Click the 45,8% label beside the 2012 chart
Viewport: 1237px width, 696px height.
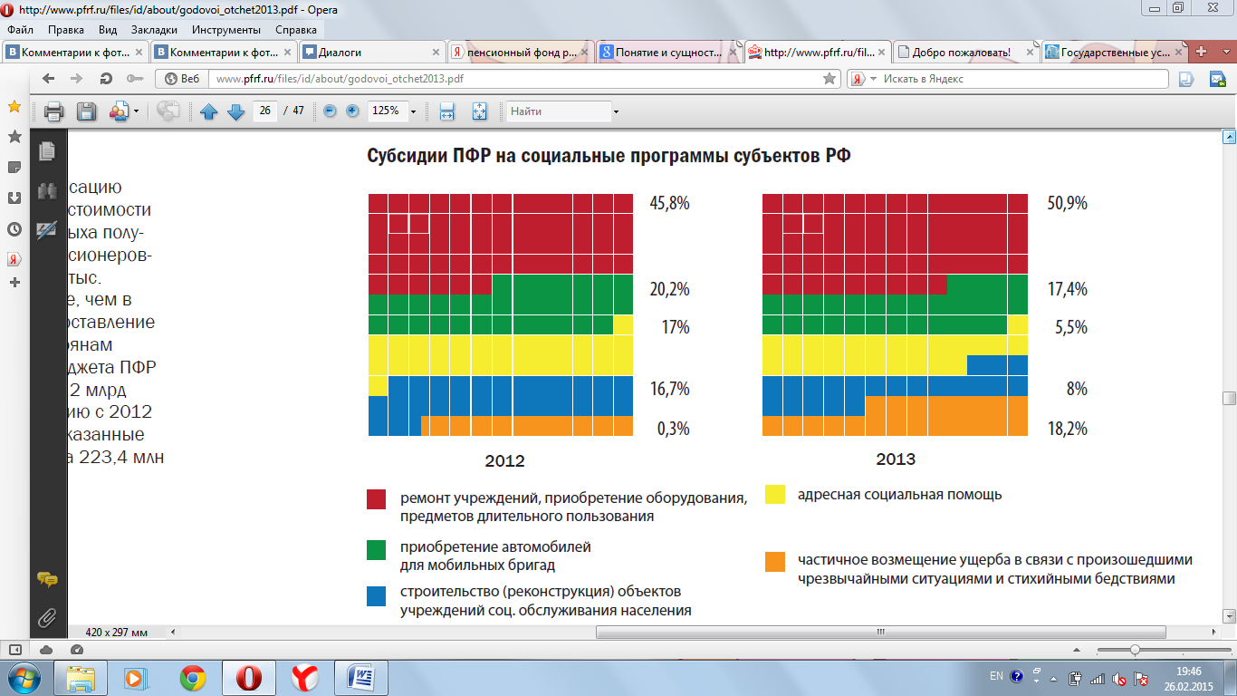669,204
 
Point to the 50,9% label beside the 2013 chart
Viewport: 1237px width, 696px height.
1067,204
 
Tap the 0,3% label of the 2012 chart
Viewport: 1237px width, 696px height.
673,428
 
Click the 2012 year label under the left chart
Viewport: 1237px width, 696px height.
504,461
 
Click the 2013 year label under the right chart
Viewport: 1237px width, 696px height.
896,459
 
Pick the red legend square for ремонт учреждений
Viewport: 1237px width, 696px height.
377,499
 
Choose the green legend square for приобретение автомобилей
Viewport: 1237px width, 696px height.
377,549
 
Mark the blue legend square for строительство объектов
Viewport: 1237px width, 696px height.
377,596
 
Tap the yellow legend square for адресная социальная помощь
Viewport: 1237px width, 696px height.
775,495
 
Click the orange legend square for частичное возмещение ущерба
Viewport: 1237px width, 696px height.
775,561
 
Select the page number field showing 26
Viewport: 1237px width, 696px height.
264,111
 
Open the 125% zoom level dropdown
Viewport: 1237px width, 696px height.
414,111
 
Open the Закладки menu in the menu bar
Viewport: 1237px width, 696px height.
153,29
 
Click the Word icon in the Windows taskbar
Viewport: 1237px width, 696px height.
361,677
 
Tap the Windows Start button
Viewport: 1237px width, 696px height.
22,677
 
